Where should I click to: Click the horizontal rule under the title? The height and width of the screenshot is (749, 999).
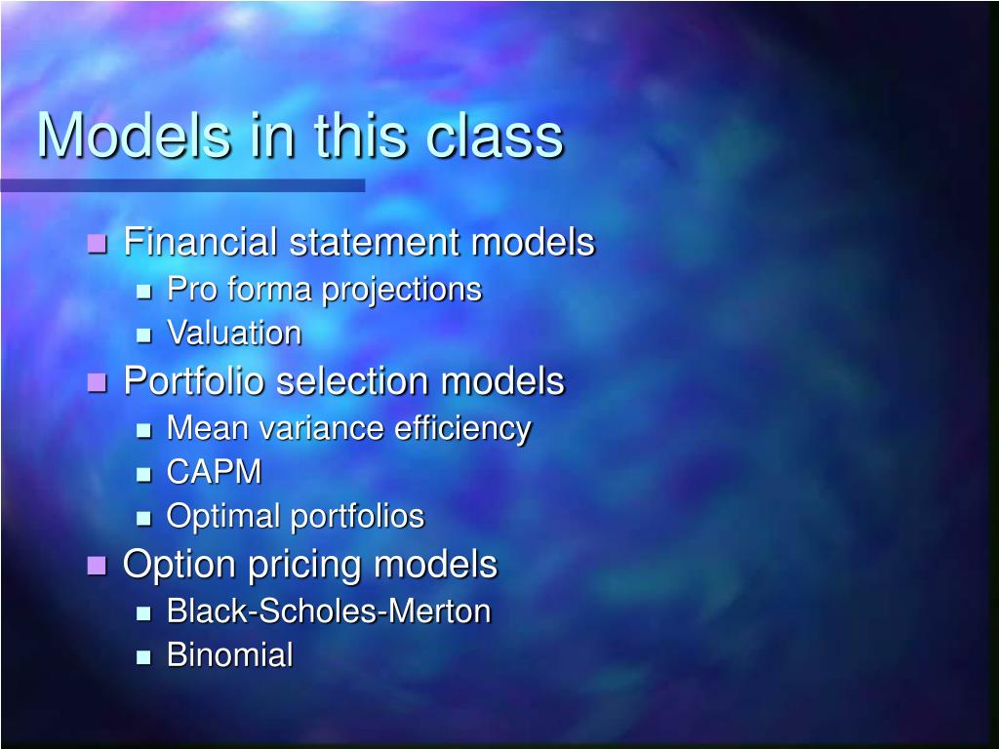click(182, 185)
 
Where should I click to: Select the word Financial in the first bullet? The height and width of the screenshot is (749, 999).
click(201, 242)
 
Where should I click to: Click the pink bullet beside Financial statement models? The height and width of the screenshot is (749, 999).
click(97, 244)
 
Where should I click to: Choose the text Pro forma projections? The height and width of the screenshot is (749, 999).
click(324, 290)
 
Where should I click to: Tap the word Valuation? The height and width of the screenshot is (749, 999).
click(234, 334)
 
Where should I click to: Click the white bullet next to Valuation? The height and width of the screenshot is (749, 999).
click(144, 335)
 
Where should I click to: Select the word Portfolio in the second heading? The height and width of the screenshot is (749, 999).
click(194, 381)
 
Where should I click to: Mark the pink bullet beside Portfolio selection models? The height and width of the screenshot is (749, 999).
click(97, 382)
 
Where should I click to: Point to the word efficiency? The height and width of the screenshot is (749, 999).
click(463, 428)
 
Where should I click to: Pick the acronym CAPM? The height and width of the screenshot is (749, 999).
click(215, 472)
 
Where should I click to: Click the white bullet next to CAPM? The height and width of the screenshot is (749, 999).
click(144, 474)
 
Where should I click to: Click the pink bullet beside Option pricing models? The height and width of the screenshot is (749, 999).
click(97, 566)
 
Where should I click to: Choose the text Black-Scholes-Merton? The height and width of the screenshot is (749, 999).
click(329, 611)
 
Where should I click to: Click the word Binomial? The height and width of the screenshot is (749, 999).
click(229, 655)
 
